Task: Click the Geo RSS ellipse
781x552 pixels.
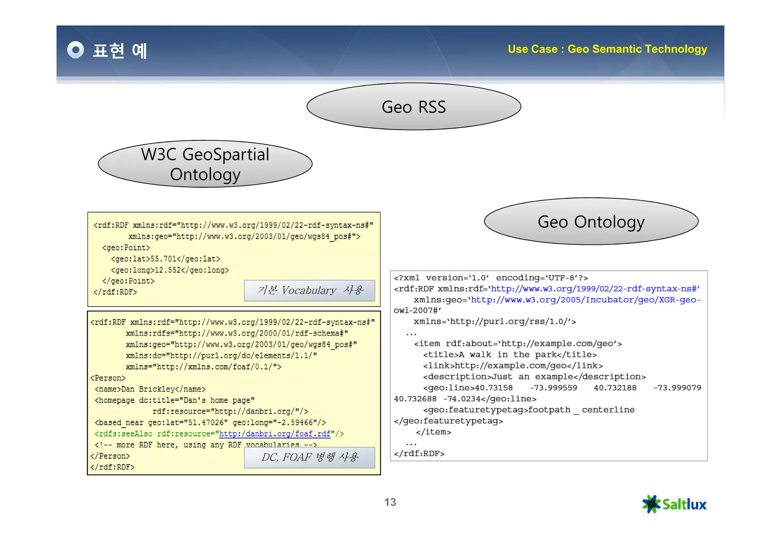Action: click(414, 107)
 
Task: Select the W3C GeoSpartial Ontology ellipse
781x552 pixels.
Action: click(205, 164)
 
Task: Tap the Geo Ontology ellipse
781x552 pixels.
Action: click(591, 222)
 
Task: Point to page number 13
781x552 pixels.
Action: click(390, 502)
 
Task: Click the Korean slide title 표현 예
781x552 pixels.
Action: click(120, 51)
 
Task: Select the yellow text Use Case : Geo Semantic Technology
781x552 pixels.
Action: click(607, 49)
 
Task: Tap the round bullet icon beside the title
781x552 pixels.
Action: click(76, 50)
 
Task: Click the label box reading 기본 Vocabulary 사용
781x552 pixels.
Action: click(310, 291)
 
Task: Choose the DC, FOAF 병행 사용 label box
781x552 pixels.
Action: click(310, 457)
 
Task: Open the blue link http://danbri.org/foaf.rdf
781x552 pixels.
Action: click(275, 434)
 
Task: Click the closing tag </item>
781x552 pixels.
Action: click(433, 432)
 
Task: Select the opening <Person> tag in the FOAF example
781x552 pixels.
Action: click(108, 378)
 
